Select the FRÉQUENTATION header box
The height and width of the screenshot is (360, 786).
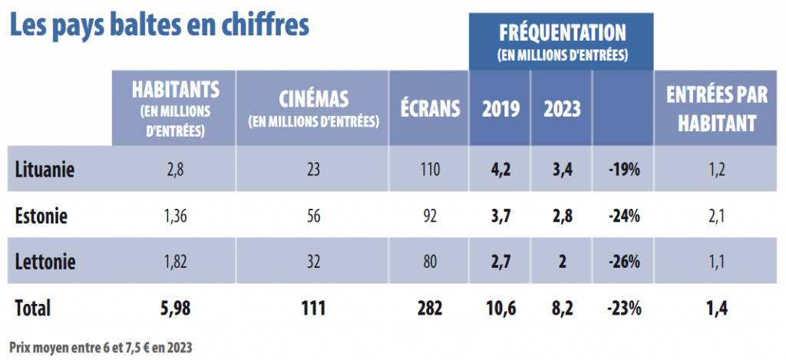562,41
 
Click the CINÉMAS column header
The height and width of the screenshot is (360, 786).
313,108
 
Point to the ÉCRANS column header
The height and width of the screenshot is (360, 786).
430,108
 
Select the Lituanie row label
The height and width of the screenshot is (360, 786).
45,169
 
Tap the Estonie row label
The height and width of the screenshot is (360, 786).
41,216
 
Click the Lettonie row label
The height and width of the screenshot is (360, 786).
45,262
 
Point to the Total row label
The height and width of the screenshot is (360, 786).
32,309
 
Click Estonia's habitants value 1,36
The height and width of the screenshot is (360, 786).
175,216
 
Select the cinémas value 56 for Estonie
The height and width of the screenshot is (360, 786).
313,216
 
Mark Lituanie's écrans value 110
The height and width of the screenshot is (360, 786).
430,169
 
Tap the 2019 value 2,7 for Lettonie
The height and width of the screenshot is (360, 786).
500,262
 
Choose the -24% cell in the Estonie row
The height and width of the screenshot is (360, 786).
623,216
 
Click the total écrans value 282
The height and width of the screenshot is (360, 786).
430,309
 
